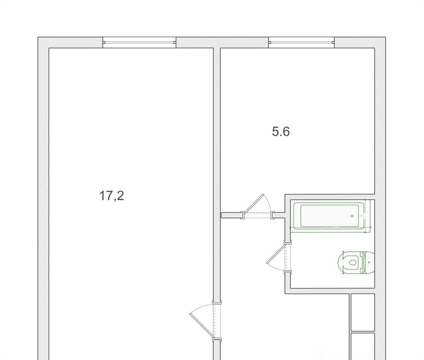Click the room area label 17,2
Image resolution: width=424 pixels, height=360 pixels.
coord(112,196)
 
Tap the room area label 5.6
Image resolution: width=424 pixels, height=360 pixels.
coord(281,132)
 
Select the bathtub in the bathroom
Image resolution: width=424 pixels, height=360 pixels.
coord(329,216)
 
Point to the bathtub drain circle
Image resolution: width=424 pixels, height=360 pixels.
coord(352,216)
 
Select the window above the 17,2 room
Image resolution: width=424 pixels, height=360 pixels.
coord(140,42)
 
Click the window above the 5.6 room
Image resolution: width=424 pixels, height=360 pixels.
coord(301,42)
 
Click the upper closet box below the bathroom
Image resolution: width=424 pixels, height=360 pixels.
coord(363,312)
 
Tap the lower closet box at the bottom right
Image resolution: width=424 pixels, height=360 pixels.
coord(363,346)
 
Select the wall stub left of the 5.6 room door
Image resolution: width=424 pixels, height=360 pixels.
coord(231,215)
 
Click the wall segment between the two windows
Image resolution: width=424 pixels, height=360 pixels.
coord(222,42)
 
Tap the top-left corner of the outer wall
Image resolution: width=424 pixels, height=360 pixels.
coord(38,37)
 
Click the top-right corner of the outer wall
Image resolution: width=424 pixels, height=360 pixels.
coord(385,37)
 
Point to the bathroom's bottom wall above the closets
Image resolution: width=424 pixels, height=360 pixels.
coord(330,291)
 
